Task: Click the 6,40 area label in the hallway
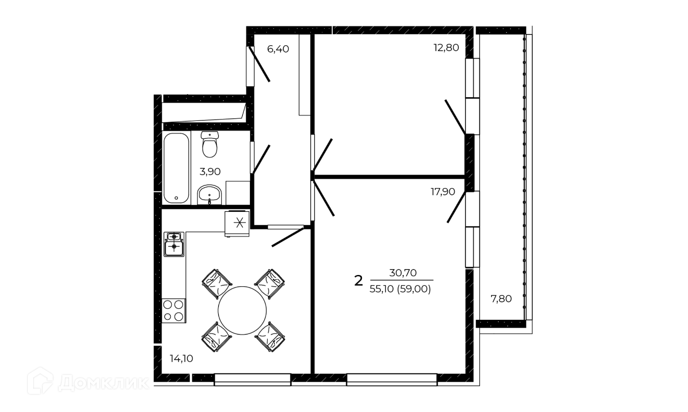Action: click(x=278, y=49)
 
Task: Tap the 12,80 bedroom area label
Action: click(x=446, y=47)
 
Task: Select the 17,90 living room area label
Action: click(x=443, y=192)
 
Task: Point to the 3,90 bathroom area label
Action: click(x=210, y=172)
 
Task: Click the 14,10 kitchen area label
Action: click(x=181, y=358)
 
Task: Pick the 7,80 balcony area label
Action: click(x=501, y=299)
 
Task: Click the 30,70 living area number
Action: click(x=403, y=273)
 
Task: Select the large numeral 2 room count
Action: click(x=358, y=281)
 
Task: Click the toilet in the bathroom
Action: click(x=210, y=144)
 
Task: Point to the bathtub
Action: click(x=176, y=168)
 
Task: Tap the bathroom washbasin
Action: click(x=209, y=194)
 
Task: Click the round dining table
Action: click(x=242, y=310)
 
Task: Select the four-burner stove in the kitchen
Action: click(x=174, y=310)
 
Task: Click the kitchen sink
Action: click(x=174, y=244)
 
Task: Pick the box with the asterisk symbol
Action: click(x=237, y=223)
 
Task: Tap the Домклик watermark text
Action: click(x=103, y=383)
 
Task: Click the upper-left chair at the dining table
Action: click(x=217, y=284)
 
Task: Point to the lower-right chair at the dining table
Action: click(x=270, y=336)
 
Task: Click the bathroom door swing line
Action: click(x=261, y=159)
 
